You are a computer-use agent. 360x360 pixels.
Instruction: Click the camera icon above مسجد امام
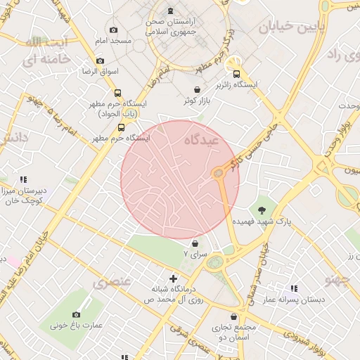113,30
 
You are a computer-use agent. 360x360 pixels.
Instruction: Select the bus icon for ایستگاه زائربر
236,73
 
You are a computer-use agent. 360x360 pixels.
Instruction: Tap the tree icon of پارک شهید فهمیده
262,210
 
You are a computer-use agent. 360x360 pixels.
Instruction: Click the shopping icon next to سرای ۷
195,243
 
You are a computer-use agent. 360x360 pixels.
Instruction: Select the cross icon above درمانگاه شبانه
173,278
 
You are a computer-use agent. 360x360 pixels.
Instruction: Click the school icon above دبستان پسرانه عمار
294,288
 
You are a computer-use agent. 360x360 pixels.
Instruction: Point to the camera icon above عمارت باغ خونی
76,314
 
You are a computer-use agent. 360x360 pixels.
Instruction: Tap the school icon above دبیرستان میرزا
23,180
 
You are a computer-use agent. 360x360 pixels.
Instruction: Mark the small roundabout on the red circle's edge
219,172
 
